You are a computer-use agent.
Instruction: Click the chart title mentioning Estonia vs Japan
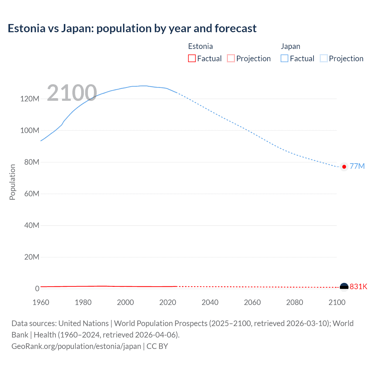click(x=132, y=28)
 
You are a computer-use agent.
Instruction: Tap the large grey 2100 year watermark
click(x=72, y=93)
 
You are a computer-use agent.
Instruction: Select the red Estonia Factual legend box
click(x=192, y=58)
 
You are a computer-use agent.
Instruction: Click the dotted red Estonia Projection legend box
click(x=231, y=58)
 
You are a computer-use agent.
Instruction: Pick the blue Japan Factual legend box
click(x=284, y=58)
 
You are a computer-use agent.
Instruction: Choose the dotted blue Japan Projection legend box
click(x=323, y=58)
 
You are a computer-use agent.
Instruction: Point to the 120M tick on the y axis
click(x=30, y=99)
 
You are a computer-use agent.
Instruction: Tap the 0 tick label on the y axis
click(x=37, y=289)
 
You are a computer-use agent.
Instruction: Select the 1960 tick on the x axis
click(x=41, y=302)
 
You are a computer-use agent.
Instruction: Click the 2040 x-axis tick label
click(x=210, y=302)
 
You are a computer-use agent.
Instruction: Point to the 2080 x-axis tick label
click(x=294, y=302)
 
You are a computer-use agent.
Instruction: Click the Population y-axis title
click(x=12, y=182)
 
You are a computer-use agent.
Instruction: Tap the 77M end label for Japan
click(x=357, y=166)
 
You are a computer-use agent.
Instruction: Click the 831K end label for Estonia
click(x=358, y=287)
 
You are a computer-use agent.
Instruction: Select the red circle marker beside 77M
click(x=344, y=167)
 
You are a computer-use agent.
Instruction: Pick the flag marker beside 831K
click(x=344, y=287)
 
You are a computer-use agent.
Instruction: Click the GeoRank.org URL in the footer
click(x=76, y=346)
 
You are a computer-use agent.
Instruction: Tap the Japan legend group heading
click(x=290, y=46)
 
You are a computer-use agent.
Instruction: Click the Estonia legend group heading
click(x=200, y=46)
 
